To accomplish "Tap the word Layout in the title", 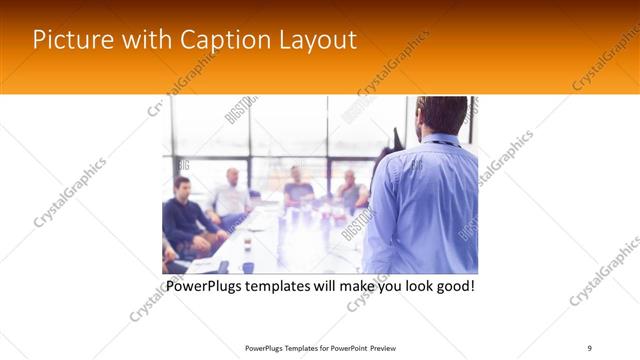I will pos(315,40).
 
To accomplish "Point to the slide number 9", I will pos(590,348).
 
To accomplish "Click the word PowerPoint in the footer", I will pos(346,348).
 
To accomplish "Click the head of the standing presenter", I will pos(441,115).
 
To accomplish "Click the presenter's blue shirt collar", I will pos(441,140).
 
